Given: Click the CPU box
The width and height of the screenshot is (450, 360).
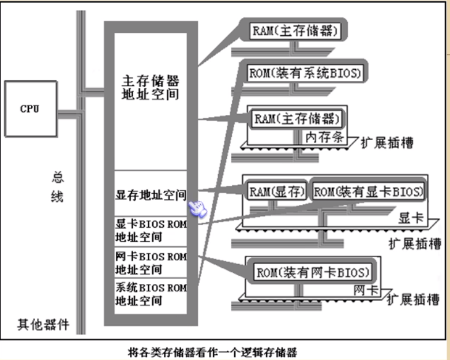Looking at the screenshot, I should pyautogui.click(x=30, y=108).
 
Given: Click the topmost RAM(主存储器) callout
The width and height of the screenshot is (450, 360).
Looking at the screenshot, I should pyautogui.click(x=294, y=31).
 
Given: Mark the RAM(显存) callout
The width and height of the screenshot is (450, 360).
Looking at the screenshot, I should pyautogui.click(x=276, y=192).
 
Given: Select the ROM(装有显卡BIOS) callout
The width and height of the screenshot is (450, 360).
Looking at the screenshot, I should pyautogui.click(x=368, y=192).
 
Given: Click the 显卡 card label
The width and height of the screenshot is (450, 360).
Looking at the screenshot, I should pyautogui.click(x=411, y=219).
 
